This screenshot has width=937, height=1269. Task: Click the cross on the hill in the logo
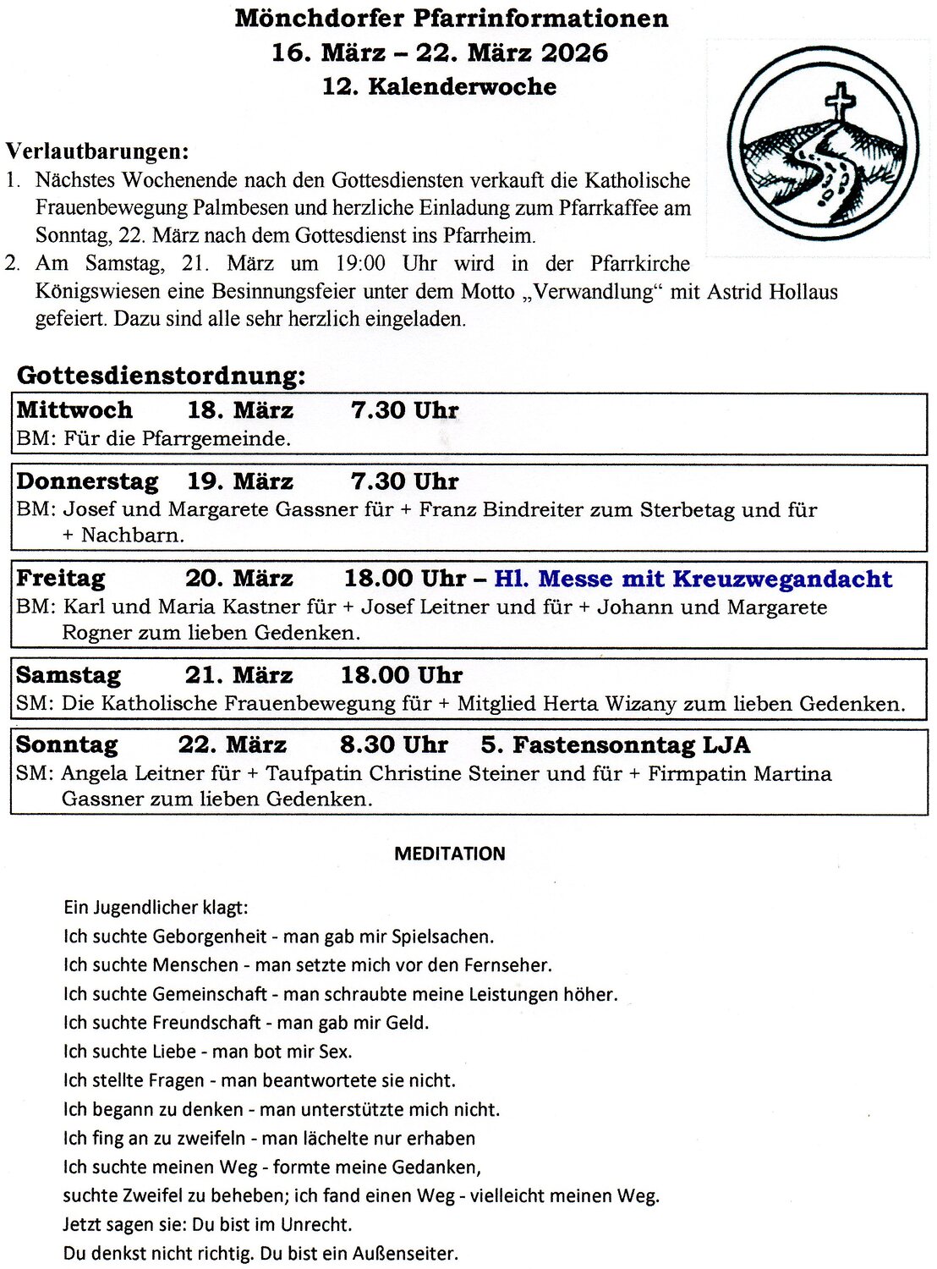pos(840,102)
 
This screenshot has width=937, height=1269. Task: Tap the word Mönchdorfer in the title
pos(320,18)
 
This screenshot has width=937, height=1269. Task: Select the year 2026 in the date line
pos(574,52)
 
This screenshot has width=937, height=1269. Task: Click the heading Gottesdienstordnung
pos(161,375)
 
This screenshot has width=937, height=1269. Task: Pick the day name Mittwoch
pos(74,410)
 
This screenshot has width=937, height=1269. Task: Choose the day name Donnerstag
pos(87,481)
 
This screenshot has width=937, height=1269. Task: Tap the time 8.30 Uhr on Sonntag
pos(393,745)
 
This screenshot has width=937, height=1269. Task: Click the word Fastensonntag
pos(604,745)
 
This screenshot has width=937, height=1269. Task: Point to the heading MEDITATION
pos(450,854)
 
